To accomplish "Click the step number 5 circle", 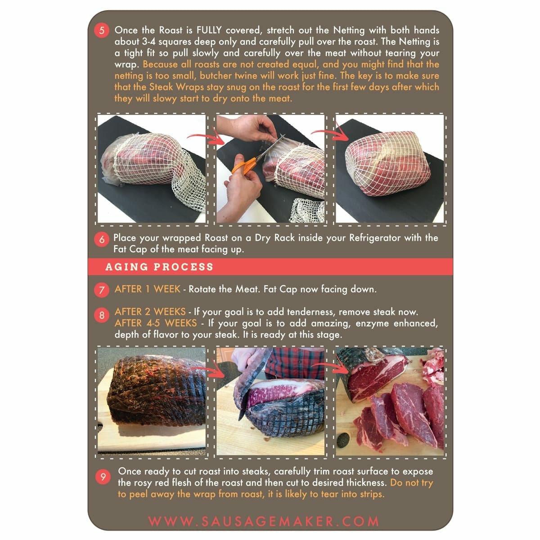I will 102,31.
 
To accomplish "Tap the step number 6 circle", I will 102,239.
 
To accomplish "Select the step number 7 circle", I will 102,290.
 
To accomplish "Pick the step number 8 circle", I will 102,315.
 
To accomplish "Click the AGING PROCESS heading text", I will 159,267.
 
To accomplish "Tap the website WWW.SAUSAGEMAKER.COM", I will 264,522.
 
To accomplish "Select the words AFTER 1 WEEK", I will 147,289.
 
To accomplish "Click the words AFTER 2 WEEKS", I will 150,312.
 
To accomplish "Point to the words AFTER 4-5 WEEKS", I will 155,323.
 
